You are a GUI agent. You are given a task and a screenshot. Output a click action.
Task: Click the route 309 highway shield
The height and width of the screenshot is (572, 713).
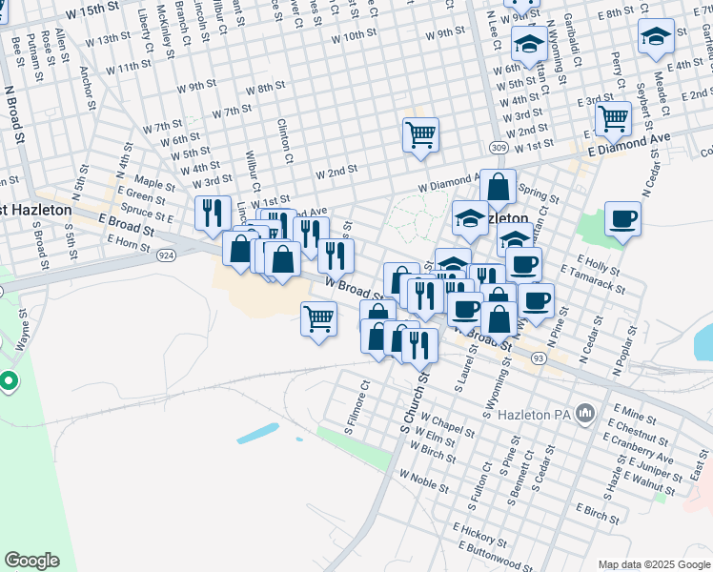(498, 148)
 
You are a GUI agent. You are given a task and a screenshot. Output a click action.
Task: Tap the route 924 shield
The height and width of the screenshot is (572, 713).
(166, 255)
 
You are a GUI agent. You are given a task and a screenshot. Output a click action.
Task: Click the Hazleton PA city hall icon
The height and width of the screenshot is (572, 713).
(584, 415)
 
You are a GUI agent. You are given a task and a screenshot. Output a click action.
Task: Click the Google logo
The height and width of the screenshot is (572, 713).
(32, 561)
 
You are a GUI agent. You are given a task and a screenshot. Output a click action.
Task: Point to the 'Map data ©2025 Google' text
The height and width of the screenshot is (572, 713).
(654, 564)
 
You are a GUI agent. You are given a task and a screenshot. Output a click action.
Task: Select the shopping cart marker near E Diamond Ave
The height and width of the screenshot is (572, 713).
(613, 118)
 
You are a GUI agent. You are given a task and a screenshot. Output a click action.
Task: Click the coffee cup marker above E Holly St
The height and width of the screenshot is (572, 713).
(622, 218)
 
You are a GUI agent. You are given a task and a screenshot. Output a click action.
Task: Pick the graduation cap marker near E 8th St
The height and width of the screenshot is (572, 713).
(655, 36)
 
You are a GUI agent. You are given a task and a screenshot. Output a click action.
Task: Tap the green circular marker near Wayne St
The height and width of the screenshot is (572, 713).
(10, 382)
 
